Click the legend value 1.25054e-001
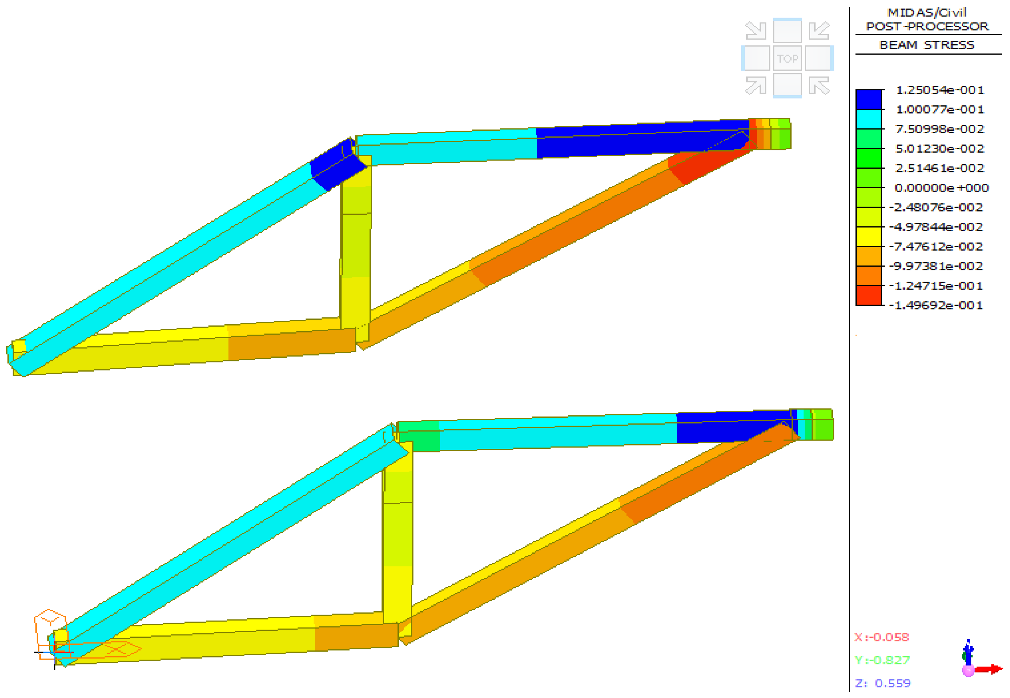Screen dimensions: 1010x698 [x=939, y=90]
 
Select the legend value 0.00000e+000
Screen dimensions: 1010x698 [x=941, y=188]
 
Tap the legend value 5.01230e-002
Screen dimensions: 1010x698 [x=939, y=149]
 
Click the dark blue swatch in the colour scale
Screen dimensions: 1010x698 [x=868, y=99]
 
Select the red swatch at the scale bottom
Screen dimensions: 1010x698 [x=868, y=296]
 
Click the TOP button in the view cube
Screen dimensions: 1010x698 [x=787, y=58]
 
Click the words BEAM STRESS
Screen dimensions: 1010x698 [x=927, y=45]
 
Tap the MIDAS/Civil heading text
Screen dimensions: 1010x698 [x=927, y=12]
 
